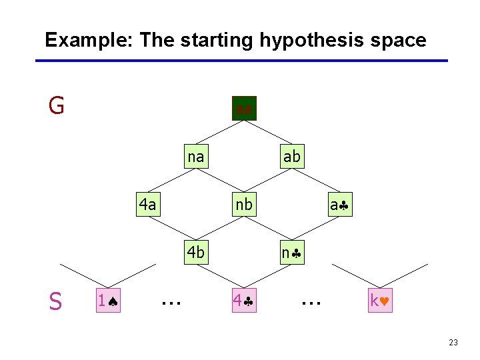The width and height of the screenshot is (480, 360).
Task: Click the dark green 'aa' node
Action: tap(244, 108)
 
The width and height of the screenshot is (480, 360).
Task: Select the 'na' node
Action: tap(195, 157)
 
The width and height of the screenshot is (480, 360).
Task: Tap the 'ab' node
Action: tap(292, 157)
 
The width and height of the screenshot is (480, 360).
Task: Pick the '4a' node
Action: tap(147, 205)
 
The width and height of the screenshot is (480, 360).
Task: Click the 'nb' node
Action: tap(244, 205)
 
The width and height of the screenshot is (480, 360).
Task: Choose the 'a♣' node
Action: tap(340, 205)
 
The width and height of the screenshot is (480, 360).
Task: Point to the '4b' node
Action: tap(196, 253)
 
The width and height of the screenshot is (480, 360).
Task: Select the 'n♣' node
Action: tap(292, 253)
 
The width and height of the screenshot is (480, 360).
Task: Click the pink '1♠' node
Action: tap(108, 301)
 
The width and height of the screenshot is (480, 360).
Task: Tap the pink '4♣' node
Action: tap(244, 301)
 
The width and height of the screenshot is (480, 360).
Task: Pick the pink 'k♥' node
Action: tap(382, 301)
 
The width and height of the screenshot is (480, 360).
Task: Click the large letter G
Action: tap(57, 105)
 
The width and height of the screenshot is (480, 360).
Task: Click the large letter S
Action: tap(55, 302)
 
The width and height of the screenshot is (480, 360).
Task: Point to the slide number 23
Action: tap(453, 343)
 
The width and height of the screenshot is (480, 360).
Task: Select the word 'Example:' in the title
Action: tap(89, 40)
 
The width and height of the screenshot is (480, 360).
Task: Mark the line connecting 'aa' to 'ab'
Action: tap(268, 133)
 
